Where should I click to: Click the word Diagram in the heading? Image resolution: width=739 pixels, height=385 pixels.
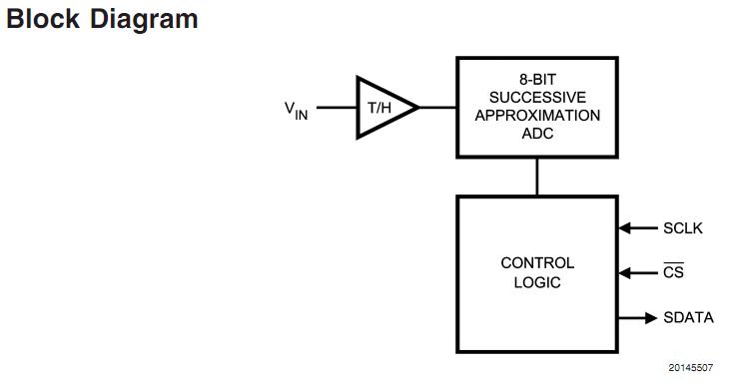[x=144, y=19]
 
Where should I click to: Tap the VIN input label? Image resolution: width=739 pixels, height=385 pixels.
[x=296, y=109]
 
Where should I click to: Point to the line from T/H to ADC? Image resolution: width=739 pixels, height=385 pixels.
[x=437, y=107]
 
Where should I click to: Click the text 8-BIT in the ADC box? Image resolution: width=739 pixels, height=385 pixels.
[x=537, y=77]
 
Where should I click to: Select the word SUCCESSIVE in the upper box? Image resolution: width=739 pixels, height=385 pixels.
[x=537, y=96]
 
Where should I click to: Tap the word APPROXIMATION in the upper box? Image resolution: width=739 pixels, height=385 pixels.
[x=537, y=115]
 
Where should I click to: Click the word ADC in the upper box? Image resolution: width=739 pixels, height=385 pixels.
[x=537, y=134]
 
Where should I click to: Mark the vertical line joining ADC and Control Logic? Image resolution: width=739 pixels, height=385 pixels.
[x=537, y=177]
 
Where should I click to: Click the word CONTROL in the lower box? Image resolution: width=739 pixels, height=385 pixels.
[x=537, y=263]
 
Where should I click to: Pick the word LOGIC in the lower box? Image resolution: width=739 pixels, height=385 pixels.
[x=537, y=282]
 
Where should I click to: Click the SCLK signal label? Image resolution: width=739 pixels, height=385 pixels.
[x=683, y=228]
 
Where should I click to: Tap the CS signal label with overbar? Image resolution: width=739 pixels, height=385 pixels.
[x=673, y=272]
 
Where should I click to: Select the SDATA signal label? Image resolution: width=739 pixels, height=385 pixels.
[x=688, y=318]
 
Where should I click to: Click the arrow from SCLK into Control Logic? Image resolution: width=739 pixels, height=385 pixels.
[x=636, y=228]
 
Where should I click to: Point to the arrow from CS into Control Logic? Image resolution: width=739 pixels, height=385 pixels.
[x=636, y=272]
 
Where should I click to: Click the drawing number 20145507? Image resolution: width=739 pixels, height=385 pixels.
[x=692, y=368]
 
